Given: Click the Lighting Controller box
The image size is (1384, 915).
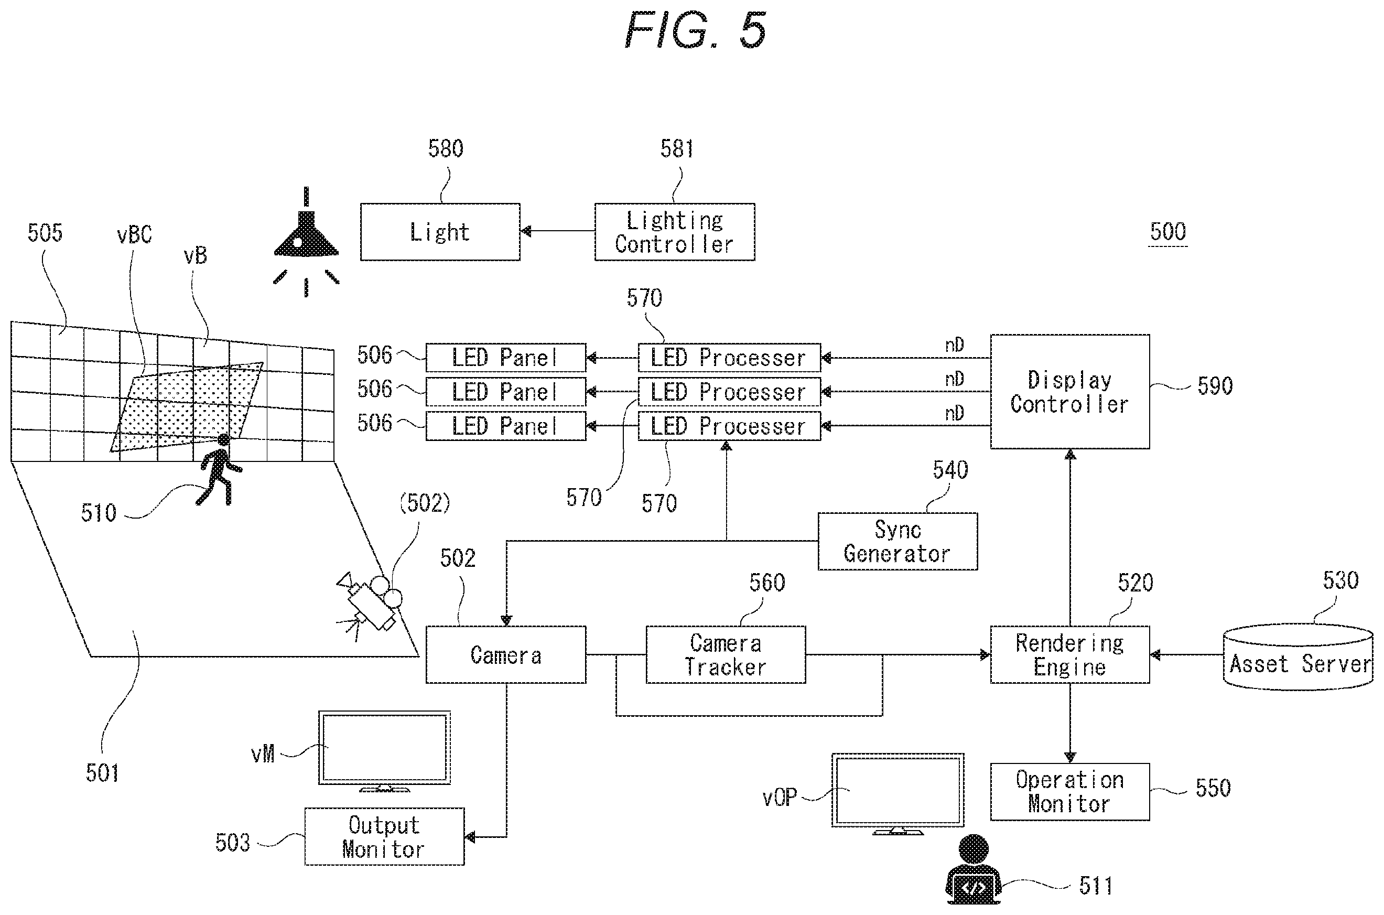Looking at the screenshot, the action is click(x=675, y=232).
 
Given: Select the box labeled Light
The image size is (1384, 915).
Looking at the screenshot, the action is click(x=440, y=232).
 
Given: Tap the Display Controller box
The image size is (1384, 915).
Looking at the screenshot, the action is click(x=1069, y=392).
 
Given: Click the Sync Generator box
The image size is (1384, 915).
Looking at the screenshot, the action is click(x=898, y=541).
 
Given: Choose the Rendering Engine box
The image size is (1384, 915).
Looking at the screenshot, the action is click(x=1069, y=654).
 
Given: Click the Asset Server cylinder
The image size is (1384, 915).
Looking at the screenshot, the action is click(x=1297, y=657).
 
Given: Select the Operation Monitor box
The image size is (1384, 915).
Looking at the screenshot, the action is click(x=1069, y=791).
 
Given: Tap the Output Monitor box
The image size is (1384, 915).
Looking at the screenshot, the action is click(x=384, y=836).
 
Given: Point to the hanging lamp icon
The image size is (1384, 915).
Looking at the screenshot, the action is click(x=306, y=242).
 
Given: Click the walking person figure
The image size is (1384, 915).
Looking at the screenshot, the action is click(x=220, y=470).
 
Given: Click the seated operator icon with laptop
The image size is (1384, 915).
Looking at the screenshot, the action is click(x=972, y=870).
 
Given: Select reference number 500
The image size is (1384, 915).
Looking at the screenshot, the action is click(x=1167, y=232).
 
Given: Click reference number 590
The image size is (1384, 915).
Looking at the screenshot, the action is click(x=1215, y=386).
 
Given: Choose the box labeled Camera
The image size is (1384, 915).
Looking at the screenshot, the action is click(x=506, y=654).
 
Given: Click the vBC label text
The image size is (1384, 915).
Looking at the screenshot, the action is click(x=134, y=234).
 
